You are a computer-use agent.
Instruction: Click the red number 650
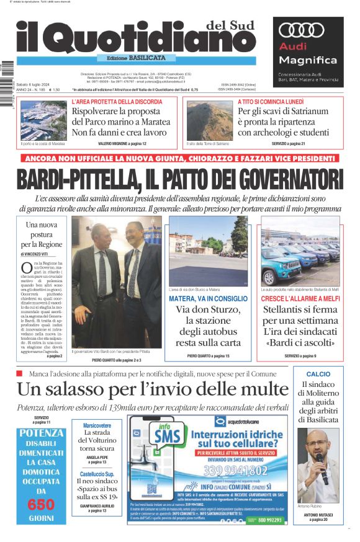coord(41,504)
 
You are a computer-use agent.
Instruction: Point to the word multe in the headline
coord(258,389)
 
